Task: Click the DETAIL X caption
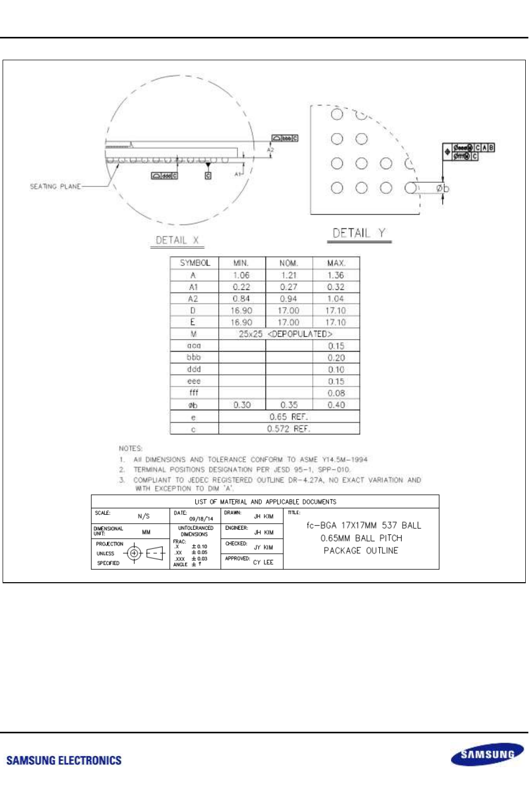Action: coord(177,240)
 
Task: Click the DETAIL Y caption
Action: coord(359,233)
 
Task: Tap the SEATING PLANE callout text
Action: coord(55,186)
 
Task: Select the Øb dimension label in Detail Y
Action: coord(442,188)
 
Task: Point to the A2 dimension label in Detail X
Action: coord(270,150)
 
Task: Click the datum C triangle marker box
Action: coord(208,176)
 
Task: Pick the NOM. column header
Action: coord(288,263)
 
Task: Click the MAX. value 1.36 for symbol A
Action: coord(336,275)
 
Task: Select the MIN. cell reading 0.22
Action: coord(241,287)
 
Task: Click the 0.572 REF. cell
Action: coord(288,429)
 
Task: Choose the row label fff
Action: coord(193,393)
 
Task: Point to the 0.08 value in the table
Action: coord(336,393)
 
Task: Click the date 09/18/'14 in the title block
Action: coord(201,519)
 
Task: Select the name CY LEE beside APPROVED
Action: coord(263,562)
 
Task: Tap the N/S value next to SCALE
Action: coord(143,516)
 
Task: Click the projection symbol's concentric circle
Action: coord(135,553)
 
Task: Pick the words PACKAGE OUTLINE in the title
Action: coord(361,551)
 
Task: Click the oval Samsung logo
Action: coord(487,754)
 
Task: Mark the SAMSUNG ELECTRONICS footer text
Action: coord(64,760)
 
